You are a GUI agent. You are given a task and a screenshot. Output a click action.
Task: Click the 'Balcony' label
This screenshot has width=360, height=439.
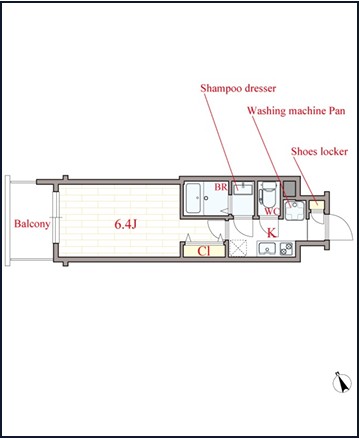32,224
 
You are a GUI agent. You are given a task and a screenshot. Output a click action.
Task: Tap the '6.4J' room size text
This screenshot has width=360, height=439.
125,224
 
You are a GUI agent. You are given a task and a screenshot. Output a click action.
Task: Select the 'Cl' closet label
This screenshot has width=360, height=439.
204,251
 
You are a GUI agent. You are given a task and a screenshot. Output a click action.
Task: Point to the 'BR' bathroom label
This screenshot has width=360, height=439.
221,187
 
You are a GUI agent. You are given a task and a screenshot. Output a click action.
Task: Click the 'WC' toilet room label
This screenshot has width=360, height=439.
271,211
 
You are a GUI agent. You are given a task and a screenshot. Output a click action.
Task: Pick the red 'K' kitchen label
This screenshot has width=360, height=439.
272,232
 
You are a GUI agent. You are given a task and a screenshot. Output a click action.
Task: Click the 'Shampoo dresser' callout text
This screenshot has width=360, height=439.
238,88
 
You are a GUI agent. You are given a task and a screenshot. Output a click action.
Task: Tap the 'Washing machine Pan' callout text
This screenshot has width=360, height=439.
296,110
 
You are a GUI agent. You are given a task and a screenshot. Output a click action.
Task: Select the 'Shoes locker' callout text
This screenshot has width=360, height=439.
319,152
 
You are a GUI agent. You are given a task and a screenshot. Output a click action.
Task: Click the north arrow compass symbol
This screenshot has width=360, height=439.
342,382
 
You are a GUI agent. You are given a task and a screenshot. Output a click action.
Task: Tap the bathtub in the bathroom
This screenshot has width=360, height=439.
193,198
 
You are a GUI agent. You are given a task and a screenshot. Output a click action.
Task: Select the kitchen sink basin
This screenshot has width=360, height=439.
267,249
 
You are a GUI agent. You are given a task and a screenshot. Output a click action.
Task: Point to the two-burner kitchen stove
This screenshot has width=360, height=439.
286,249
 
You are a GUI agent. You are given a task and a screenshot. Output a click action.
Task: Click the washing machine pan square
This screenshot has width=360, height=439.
295,210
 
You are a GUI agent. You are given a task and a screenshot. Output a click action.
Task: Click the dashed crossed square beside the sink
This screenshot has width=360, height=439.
238,248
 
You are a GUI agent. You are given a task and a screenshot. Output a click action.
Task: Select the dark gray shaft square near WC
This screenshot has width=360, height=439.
289,189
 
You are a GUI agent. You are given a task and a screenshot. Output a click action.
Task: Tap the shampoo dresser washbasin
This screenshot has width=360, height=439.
243,188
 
